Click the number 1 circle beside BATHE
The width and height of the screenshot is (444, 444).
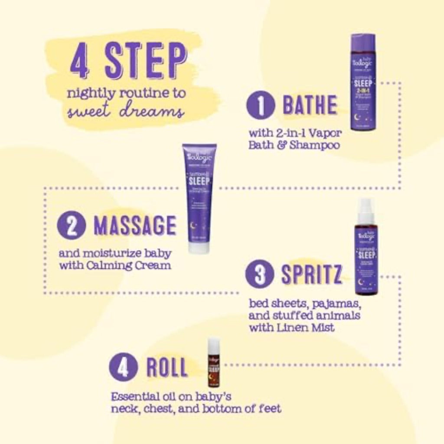(261, 106)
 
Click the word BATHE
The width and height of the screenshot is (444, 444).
(310, 105)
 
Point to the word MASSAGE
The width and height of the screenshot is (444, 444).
(135, 225)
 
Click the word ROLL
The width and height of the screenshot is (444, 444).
(167, 368)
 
